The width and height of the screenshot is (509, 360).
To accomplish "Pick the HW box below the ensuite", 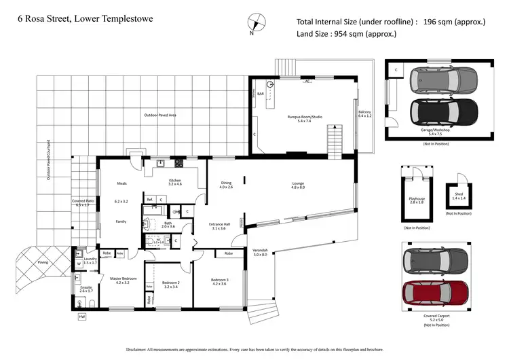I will pyautogui.click(x=82, y=317).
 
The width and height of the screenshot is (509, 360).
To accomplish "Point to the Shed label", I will pyautogui.click(x=459, y=193).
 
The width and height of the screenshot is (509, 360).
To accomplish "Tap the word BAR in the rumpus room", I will pyautogui.click(x=260, y=94).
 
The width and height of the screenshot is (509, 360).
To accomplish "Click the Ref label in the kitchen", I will pyautogui.click(x=149, y=199).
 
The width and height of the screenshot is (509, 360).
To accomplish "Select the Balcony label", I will pyautogui.click(x=365, y=112).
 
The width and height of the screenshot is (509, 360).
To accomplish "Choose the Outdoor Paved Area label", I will pyautogui.click(x=160, y=115).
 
